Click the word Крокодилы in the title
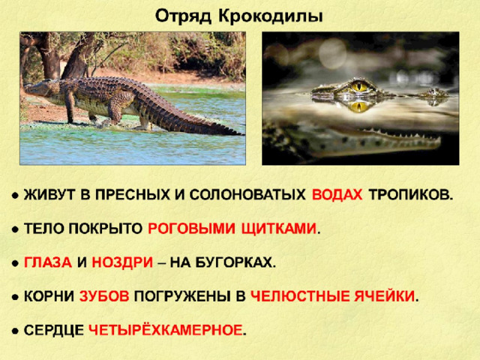point(270,16)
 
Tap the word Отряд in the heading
point(183,16)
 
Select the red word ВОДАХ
point(337,195)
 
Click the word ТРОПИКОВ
point(410,195)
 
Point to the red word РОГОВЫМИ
point(192,229)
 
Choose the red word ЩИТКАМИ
point(279,229)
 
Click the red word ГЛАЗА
point(48,262)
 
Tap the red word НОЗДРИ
point(122,262)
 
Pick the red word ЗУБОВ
point(104,296)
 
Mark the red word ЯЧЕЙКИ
point(385,296)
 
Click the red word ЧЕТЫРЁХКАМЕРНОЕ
point(165,330)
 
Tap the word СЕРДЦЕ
point(53,330)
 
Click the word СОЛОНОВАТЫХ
point(247,195)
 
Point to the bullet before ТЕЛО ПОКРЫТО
point(15,229)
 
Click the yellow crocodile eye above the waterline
point(359,86)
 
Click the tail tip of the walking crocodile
point(241,133)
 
